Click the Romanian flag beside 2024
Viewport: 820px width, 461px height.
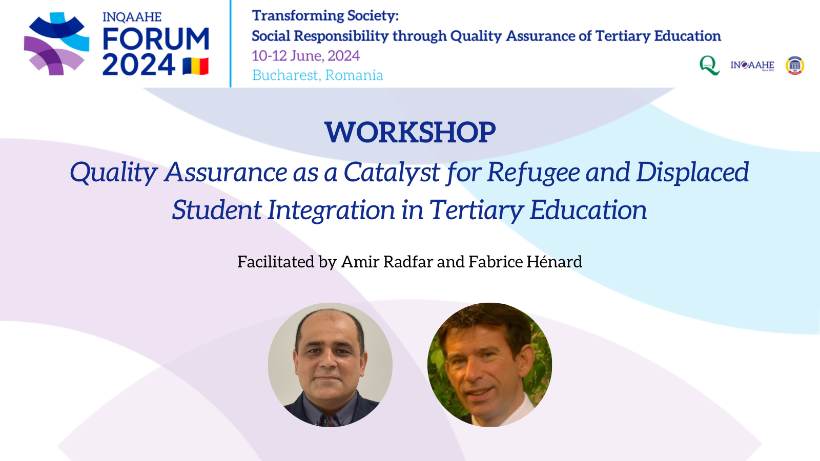(x=195, y=66)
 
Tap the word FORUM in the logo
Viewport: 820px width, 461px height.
(x=156, y=38)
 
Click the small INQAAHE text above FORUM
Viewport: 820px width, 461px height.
(x=132, y=17)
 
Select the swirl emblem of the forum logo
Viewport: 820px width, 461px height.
(x=57, y=44)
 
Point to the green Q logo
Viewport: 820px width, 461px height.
(x=709, y=66)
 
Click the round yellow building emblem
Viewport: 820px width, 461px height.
(x=795, y=66)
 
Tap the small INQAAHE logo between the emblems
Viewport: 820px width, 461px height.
(x=752, y=66)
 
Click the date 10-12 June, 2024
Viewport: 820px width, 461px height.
(x=305, y=56)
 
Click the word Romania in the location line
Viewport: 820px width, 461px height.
(x=354, y=75)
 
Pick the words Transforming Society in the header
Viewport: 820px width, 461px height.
(x=325, y=16)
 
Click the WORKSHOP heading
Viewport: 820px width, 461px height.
(x=410, y=132)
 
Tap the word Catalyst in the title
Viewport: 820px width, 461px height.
(x=392, y=173)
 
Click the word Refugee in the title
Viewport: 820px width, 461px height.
(x=534, y=173)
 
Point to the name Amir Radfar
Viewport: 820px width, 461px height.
(x=387, y=262)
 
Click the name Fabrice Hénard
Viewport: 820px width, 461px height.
(x=525, y=262)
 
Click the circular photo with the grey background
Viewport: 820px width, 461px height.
(x=330, y=365)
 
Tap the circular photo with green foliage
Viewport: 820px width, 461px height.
(x=490, y=365)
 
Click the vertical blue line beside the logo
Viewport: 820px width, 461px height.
(x=230, y=44)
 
